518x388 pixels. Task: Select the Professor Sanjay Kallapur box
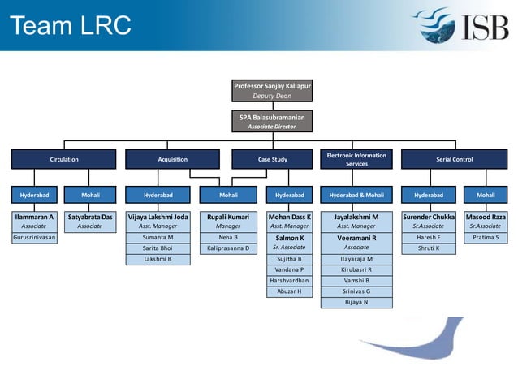272,90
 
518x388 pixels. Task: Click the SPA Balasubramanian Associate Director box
272,121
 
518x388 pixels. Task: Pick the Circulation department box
64,159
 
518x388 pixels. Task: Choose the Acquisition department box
172,159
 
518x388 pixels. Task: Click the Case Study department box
272,159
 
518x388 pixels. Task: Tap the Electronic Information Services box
356,159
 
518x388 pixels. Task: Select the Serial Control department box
455,159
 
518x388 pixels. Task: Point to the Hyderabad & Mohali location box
356,196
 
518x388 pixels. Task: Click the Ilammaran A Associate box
33,222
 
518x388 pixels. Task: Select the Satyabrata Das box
90,222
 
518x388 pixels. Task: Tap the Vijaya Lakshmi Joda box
158,222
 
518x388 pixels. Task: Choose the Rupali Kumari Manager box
228,222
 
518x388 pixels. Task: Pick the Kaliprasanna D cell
228,248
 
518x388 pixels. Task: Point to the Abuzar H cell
290,291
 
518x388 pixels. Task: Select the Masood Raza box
486,222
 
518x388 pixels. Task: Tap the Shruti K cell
428,248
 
